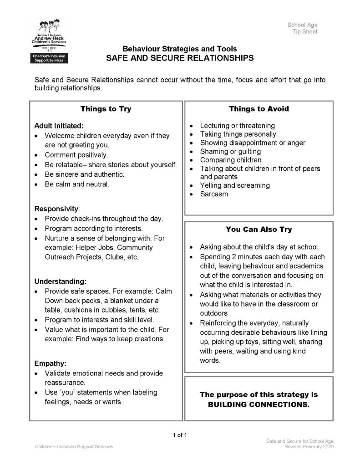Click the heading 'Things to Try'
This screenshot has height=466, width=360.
106,109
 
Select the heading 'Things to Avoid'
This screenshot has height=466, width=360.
259,109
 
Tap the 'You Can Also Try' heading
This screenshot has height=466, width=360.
259,230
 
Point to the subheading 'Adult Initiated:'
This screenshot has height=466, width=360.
59,126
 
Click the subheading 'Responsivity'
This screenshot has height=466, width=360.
56,209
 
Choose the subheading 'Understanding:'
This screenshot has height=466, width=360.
60,281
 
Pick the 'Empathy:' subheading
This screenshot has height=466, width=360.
51,364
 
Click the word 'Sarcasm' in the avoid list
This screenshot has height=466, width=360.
214,194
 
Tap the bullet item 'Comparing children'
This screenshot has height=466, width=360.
231,160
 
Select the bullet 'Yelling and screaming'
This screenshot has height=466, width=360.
235,185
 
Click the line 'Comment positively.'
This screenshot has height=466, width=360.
76,155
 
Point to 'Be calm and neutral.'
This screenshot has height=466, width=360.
77,184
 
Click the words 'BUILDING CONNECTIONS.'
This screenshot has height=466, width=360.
259,404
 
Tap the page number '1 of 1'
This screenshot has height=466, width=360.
180,435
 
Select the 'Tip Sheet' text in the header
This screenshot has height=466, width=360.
305,32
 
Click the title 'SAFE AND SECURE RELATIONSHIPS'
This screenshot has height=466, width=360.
180,58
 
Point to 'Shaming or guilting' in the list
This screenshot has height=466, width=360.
230,151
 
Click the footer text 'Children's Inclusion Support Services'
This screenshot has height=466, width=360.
74,447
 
